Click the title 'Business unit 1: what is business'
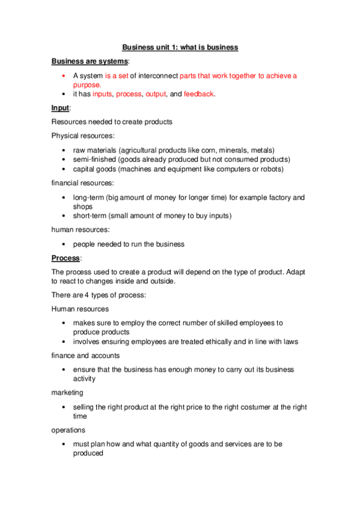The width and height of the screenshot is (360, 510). point(180,47)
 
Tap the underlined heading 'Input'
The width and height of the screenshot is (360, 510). point(60,108)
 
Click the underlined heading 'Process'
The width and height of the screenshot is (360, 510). point(66,258)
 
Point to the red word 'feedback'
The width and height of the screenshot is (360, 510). point(198,94)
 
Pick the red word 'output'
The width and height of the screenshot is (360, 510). point(156,94)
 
